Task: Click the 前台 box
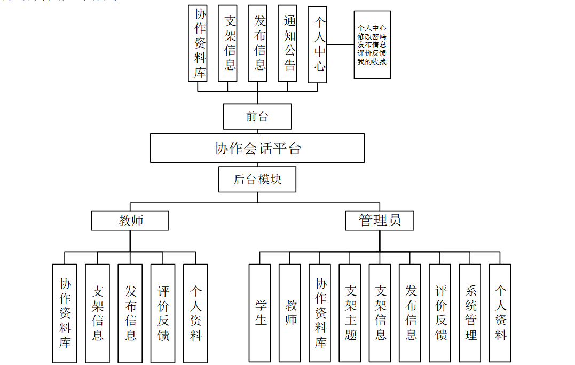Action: tap(257, 117)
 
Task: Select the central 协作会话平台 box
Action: tap(257, 148)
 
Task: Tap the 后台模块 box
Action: tap(257, 180)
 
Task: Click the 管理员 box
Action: tap(379, 220)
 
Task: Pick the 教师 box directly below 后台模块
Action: tap(130, 220)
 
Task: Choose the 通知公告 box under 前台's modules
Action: tap(287, 44)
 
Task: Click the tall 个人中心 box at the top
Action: tap(317, 44)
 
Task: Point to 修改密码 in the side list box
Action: tap(372, 36)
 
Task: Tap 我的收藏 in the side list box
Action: tap(372, 61)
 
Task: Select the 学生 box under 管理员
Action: tap(259, 313)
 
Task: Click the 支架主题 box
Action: tap(350, 313)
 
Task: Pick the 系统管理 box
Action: tap(470, 313)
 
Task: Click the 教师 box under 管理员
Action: tap(289, 313)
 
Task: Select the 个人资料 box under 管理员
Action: tap(500, 313)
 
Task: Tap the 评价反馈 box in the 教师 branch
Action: tap(163, 313)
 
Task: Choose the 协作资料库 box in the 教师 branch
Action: tap(65, 313)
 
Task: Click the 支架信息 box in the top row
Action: tap(227, 44)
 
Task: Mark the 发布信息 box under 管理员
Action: tap(410, 313)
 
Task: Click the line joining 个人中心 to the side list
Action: tap(340, 45)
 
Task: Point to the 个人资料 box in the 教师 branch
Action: tap(195, 313)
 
